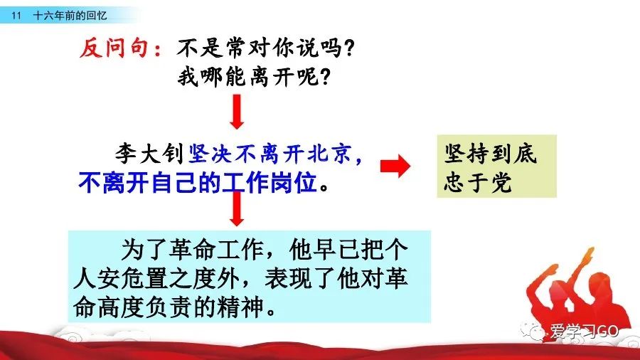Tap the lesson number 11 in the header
16,16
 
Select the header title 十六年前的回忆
70,16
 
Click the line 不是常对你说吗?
265,48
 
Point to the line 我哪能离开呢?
254,76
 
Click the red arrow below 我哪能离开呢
237,112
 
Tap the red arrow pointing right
395,166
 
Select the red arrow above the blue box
237,208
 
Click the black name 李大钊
149,154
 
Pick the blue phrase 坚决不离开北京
270,154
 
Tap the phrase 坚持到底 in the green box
490,154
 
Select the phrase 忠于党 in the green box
478,181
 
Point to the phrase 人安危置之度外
156,278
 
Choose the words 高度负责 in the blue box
145,307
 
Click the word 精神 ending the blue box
240,307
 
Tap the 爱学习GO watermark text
584,332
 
